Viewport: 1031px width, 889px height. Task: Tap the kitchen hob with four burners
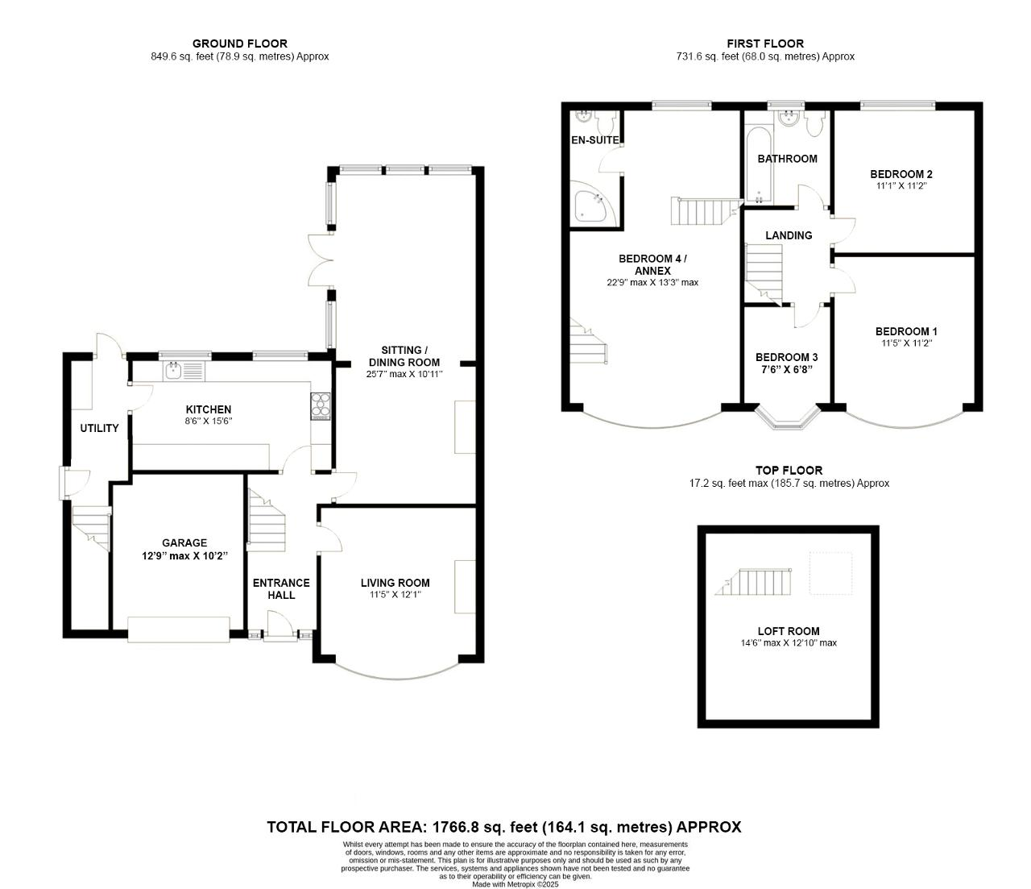(x=321, y=405)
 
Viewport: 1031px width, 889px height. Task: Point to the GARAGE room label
(x=184, y=542)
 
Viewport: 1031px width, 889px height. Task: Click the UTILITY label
(x=99, y=428)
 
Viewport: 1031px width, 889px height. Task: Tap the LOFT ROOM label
(x=788, y=631)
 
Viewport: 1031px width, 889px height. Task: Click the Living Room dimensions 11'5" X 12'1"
(x=395, y=595)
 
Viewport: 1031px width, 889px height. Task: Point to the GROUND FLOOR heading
(x=240, y=44)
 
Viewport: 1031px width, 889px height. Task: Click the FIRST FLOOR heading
(x=765, y=44)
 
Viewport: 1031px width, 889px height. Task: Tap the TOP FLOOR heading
(x=789, y=470)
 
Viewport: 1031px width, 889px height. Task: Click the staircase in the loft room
(x=753, y=582)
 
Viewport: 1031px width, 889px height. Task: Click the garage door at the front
(x=179, y=629)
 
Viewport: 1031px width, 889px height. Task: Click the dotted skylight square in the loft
(x=830, y=573)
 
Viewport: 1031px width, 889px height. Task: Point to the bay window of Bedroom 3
(x=787, y=417)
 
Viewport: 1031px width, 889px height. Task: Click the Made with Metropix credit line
(x=515, y=884)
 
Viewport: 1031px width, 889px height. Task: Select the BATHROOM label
(x=787, y=159)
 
